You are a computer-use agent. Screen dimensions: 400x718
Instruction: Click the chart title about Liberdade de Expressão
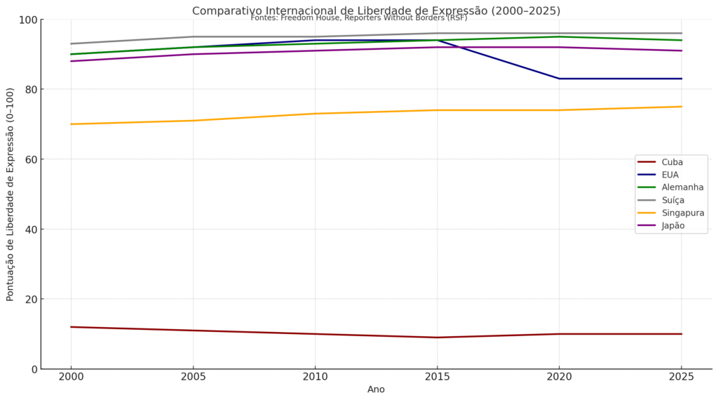tap(376, 11)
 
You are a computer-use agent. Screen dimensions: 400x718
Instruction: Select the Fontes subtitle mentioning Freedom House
tap(358, 18)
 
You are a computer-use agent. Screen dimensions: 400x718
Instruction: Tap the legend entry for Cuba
tap(672, 162)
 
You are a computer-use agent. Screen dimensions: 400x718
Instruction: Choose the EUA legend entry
tap(670, 175)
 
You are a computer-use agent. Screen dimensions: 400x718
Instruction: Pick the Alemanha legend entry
tap(682, 187)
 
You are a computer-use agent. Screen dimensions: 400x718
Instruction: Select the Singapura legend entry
tap(682, 213)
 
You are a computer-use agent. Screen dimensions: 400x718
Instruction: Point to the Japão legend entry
tap(672, 225)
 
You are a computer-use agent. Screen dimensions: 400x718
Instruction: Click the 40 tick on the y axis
tap(30, 229)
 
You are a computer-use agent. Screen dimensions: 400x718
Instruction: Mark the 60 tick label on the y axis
tap(30, 159)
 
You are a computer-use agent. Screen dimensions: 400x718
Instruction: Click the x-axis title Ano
tap(376, 389)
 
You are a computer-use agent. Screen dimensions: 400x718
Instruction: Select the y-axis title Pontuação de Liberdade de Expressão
tap(11, 194)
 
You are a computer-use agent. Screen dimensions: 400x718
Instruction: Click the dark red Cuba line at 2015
tap(437, 338)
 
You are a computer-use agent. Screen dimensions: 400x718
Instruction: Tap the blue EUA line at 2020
tap(559, 79)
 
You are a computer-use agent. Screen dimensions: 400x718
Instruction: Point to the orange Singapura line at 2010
tap(315, 114)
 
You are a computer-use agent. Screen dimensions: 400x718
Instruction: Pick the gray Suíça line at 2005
tap(193, 36)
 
